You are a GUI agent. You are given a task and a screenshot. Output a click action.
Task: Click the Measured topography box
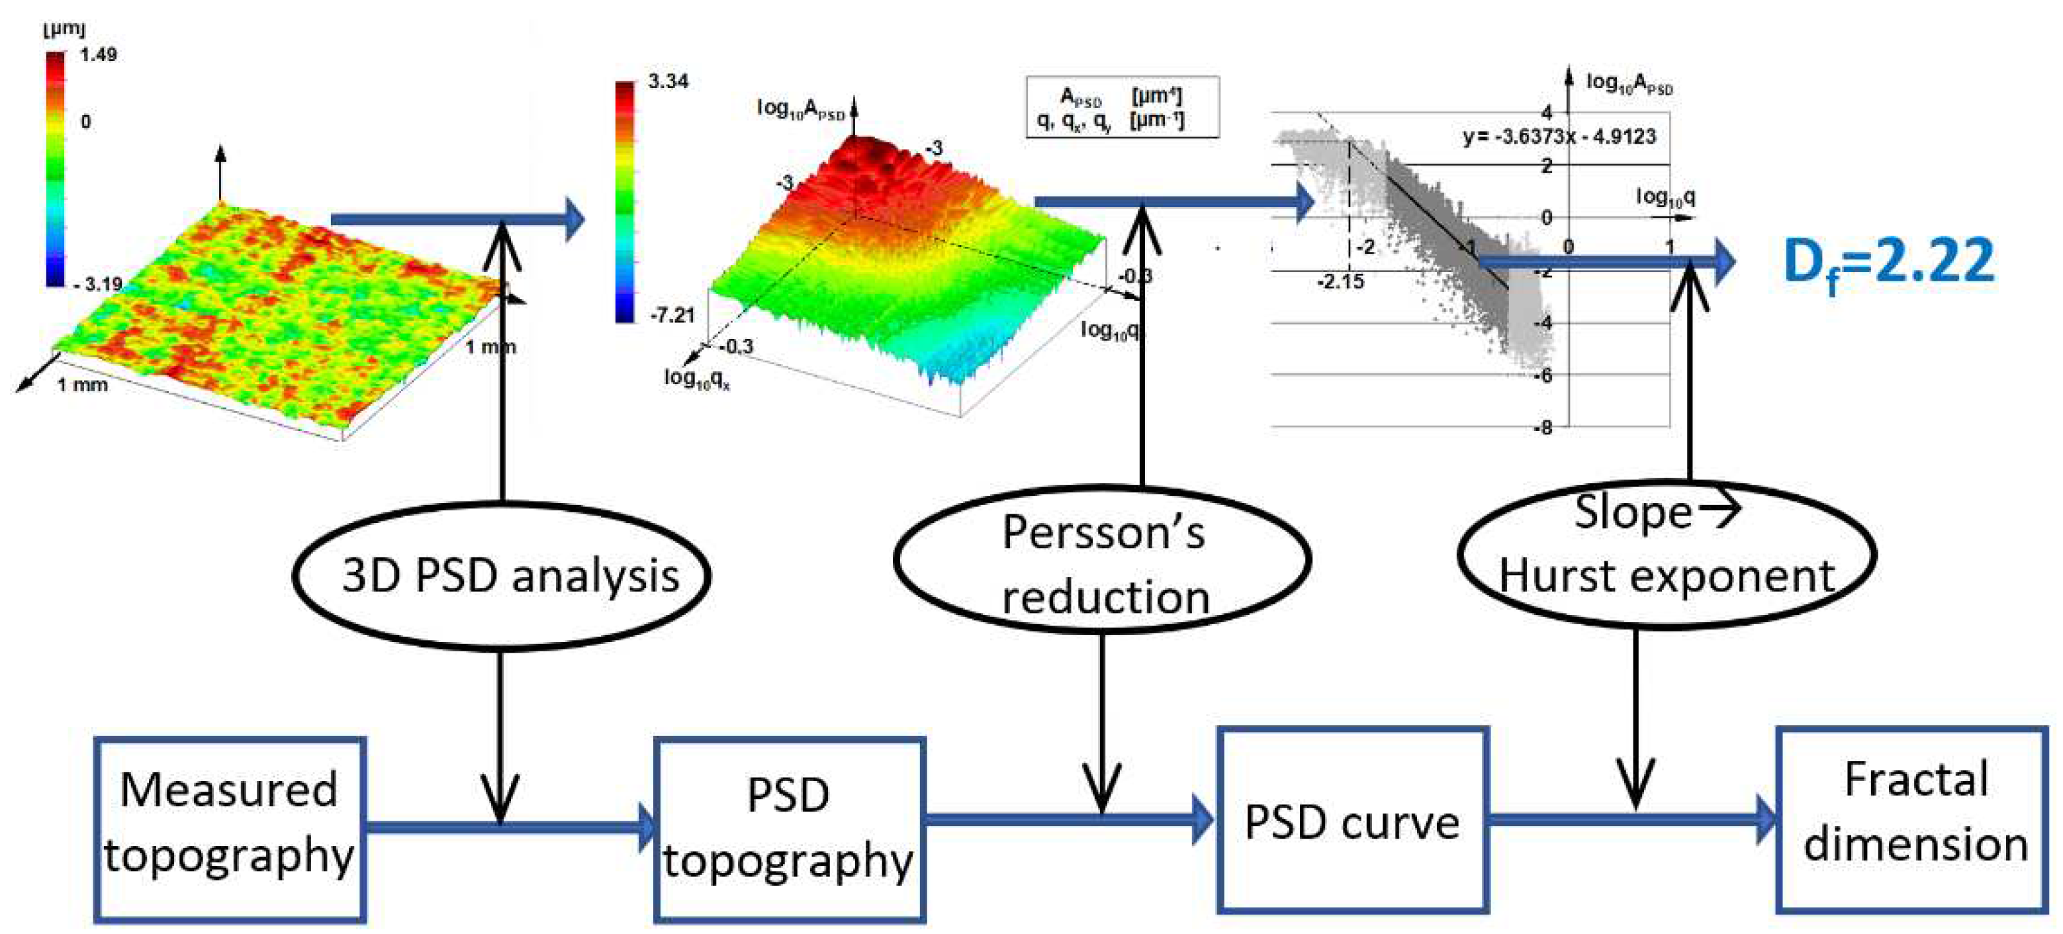[x=230, y=828]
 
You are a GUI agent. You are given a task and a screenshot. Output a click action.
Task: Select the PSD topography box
[x=789, y=828]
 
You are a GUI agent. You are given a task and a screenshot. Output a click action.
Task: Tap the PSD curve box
[x=1352, y=820]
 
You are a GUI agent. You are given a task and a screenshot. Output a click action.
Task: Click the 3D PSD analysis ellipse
[x=502, y=576]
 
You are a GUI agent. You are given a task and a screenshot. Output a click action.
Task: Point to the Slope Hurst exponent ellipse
[x=1667, y=554]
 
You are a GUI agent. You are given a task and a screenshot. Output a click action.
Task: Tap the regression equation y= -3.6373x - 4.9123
[x=1559, y=136]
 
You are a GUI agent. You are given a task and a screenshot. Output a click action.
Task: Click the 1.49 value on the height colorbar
[x=99, y=54]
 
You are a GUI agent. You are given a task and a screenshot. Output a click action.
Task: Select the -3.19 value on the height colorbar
[x=100, y=283]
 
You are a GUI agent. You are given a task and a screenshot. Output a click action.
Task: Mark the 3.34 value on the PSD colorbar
[x=668, y=81]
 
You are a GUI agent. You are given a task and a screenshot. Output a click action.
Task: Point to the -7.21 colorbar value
[x=671, y=315]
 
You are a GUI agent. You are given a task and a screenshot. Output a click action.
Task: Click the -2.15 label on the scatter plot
[x=1340, y=281]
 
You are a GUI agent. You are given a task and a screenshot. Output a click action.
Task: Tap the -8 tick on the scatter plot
[x=1543, y=428]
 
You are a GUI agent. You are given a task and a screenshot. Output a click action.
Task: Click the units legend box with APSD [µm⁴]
[x=1122, y=107]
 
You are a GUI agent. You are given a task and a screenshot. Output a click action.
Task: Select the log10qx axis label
[x=697, y=377]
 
